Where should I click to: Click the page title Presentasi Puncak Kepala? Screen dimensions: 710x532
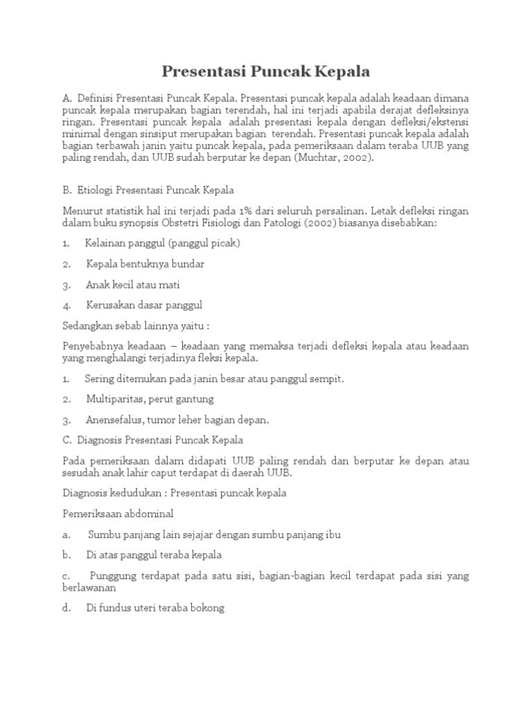pos(266,71)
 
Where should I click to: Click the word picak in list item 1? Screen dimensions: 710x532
pos(222,243)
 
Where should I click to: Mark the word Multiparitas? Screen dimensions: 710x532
pos(115,399)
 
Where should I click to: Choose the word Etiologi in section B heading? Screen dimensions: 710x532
pos(96,190)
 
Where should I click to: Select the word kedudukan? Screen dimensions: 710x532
pos(134,493)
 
